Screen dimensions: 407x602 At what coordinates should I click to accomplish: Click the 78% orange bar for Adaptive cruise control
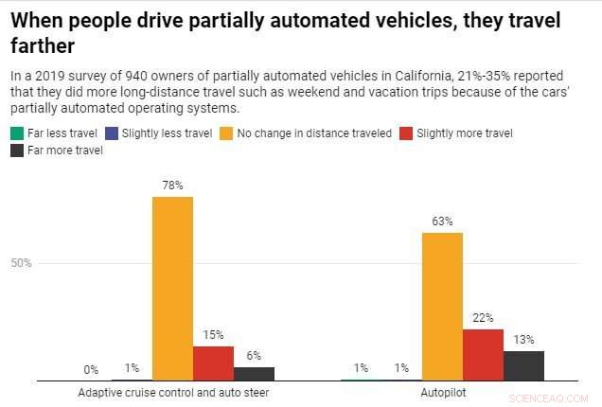coord(172,289)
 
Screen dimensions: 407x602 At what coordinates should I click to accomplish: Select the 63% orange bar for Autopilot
coord(442,306)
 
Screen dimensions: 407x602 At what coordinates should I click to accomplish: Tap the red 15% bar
coord(213,363)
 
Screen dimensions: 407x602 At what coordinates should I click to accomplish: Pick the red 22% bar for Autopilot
coord(483,355)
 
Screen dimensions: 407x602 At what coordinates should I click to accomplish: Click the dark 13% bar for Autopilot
coord(523,365)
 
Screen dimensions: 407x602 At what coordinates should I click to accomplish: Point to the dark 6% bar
coord(254,374)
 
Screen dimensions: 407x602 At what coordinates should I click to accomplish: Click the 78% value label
coord(172,186)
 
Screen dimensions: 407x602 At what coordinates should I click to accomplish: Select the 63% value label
coord(442,221)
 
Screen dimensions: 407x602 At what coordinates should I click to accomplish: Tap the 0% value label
coord(91,370)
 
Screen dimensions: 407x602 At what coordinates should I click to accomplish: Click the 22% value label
coord(483,318)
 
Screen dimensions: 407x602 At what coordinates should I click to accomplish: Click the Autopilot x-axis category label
coord(442,391)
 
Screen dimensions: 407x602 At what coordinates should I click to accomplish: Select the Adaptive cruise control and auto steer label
coord(172,391)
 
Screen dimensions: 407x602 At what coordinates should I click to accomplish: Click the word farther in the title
coord(40,44)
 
